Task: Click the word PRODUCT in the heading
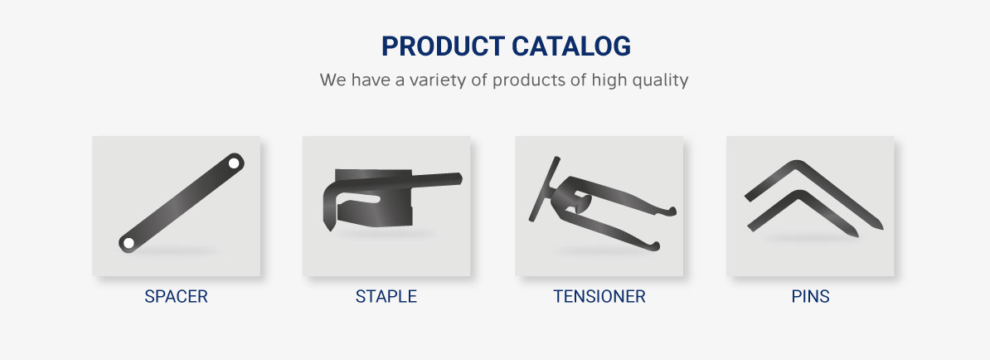[x=443, y=46]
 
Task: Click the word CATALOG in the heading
[x=571, y=46]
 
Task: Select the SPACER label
[x=176, y=296]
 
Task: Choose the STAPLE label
[x=386, y=296]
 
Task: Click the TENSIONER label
[x=599, y=296]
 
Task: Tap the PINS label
[x=810, y=296]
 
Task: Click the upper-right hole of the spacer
[x=234, y=163]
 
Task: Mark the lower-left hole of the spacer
[x=129, y=242]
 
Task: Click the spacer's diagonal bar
[x=182, y=202]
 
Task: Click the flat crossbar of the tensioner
[x=544, y=189]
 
